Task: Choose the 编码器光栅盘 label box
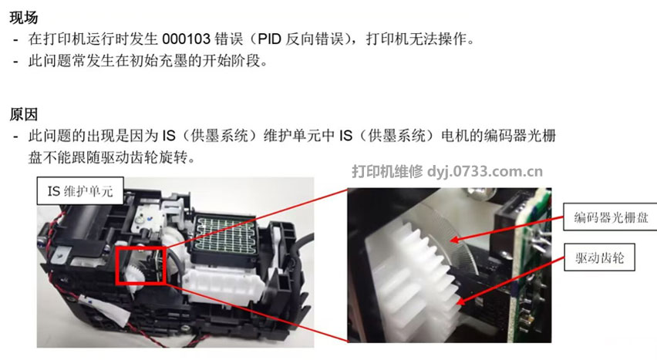point(605,217)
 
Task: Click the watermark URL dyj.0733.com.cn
point(486,171)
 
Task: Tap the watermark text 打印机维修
point(387,171)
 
